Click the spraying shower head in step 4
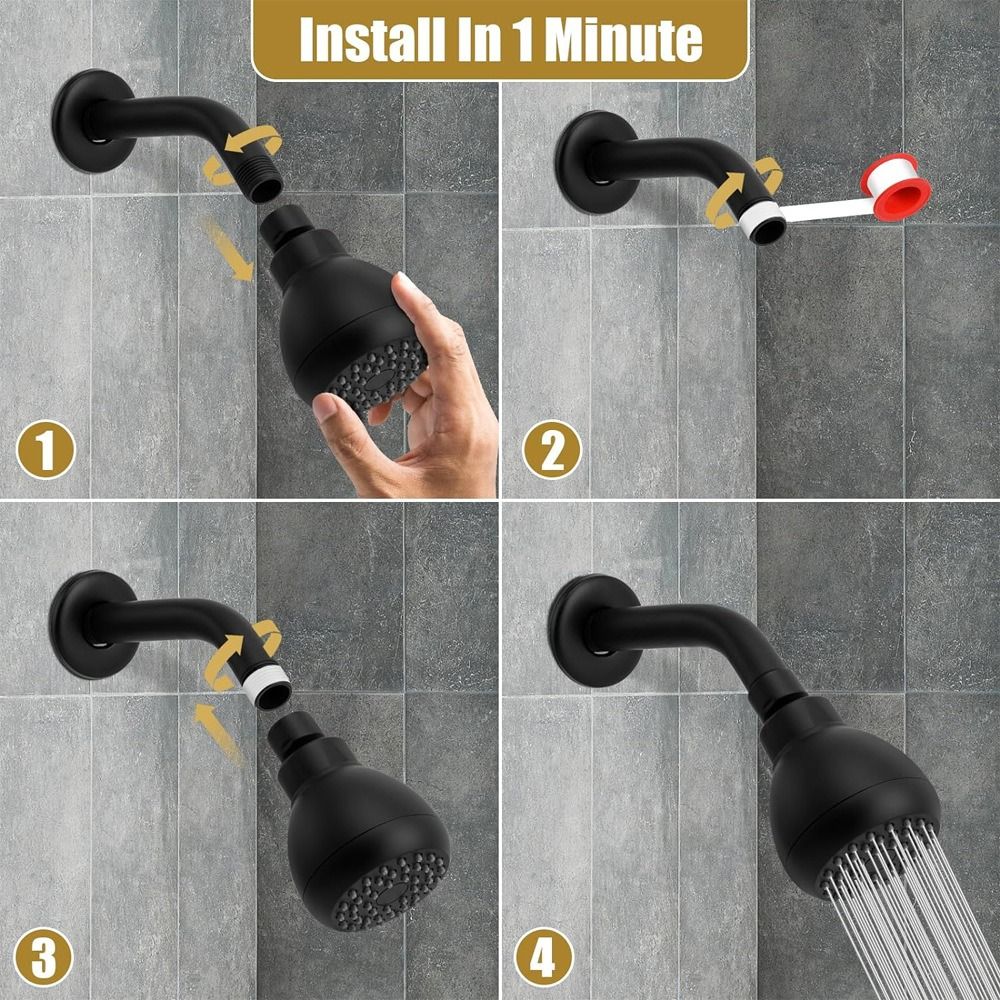(x=850, y=790)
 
